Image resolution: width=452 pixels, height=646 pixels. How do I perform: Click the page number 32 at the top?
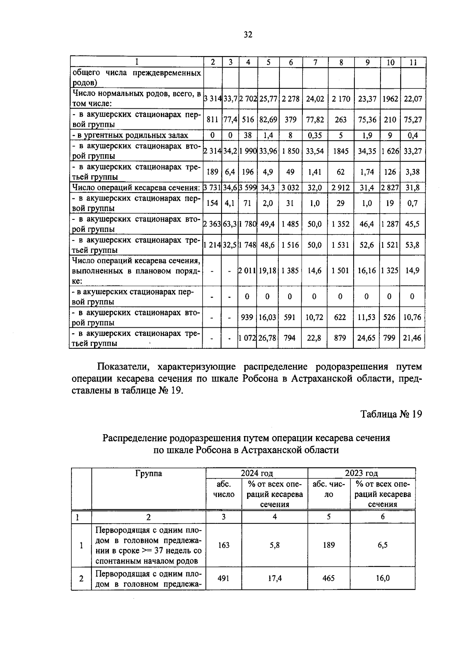(x=247, y=35)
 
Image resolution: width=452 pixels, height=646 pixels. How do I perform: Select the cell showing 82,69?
(x=268, y=120)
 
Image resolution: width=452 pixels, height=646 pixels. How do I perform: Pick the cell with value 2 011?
(x=247, y=271)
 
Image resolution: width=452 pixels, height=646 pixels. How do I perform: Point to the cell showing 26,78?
(x=268, y=338)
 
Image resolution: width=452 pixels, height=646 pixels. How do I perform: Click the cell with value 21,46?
(x=412, y=338)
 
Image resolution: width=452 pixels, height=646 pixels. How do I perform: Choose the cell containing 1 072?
(x=247, y=338)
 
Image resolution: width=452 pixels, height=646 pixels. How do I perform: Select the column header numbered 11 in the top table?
(x=413, y=62)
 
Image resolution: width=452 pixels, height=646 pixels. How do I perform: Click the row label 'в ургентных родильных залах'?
(x=130, y=135)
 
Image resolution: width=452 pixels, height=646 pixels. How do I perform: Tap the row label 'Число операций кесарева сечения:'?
(x=136, y=187)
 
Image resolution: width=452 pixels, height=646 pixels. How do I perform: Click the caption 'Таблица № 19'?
(x=391, y=414)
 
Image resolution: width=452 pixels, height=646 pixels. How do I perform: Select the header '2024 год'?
(x=257, y=473)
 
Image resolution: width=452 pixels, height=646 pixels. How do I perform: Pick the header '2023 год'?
(x=361, y=473)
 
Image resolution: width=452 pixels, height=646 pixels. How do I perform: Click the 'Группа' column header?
(x=148, y=473)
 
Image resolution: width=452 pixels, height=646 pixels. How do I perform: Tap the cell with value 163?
(x=224, y=545)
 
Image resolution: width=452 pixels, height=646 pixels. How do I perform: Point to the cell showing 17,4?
(x=275, y=578)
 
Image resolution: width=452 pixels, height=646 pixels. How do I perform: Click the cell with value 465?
(x=329, y=578)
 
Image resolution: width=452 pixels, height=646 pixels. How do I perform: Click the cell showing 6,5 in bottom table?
(x=382, y=545)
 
